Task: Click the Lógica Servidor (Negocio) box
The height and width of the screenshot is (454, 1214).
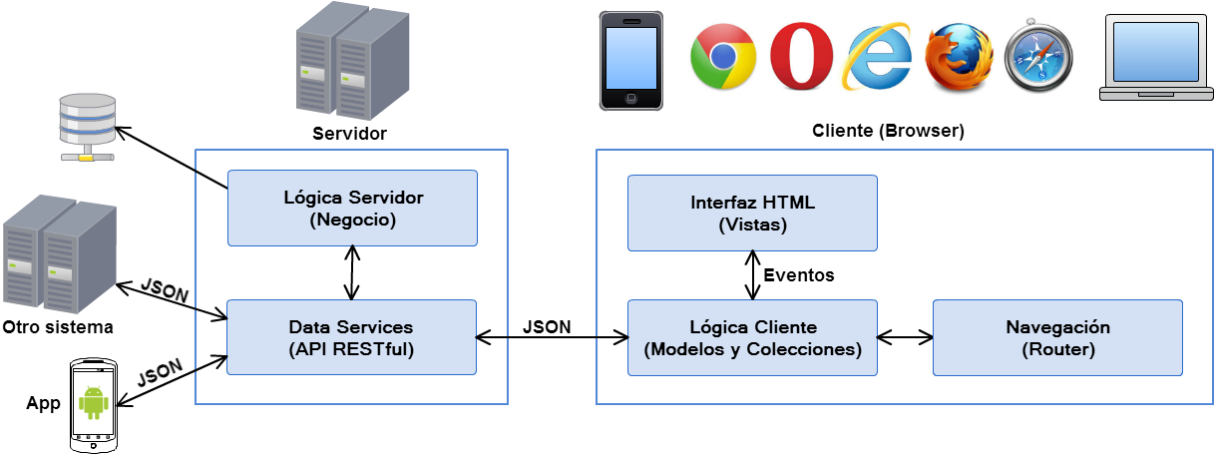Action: click(x=352, y=208)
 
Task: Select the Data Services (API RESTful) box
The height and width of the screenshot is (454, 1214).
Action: click(x=352, y=337)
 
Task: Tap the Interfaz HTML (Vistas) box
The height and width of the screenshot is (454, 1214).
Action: click(x=752, y=213)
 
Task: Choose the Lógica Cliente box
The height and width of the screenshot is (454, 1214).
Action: click(x=752, y=338)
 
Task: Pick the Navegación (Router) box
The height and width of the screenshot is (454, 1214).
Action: click(x=1057, y=338)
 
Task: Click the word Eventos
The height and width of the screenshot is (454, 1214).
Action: click(x=798, y=274)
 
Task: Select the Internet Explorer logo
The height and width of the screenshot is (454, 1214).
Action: click(x=877, y=58)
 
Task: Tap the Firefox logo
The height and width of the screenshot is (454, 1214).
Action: click(x=958, y=58)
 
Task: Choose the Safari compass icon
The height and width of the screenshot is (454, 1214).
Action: click(x=1038, y=58)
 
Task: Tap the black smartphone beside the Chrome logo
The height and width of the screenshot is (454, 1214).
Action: click(x=630, y=60)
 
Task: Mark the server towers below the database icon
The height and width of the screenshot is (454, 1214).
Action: click(x=58, y=253)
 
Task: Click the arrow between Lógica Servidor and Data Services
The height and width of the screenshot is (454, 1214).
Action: click(x=352, y=272)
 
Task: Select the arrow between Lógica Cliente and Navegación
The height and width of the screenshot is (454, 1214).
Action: click(x=906, y=338)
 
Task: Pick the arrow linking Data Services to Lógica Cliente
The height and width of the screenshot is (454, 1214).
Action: click(x=552, y=338)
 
